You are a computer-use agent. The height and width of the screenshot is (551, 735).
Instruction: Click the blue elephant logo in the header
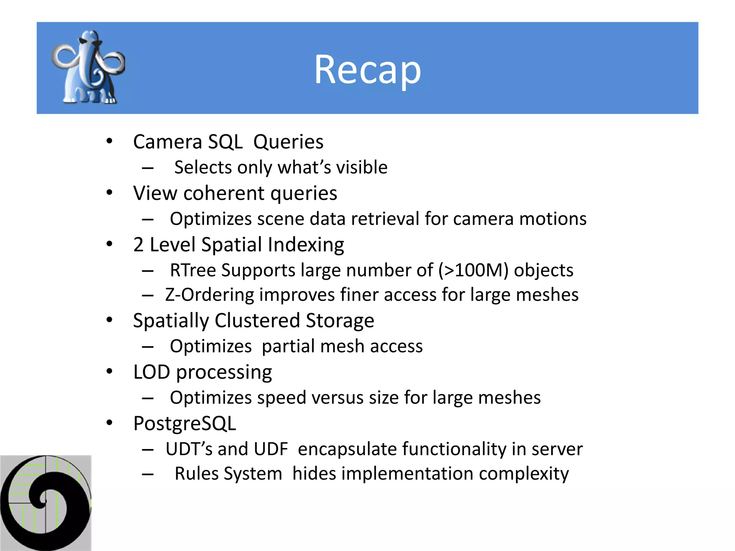pyautogui.click(x=88, y=67)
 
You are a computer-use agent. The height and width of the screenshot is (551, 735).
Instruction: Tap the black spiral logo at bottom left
pyautogui.click(x=46, y=503)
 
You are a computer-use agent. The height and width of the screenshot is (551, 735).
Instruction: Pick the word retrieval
pyautogui.click(x=385, y=219)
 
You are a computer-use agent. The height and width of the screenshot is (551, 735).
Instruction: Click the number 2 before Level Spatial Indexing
pyautogui.click(x=138, y=245)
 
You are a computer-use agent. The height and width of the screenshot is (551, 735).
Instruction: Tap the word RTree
pyautogui.click(x=192, y=270)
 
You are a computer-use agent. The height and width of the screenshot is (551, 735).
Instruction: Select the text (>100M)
pyautogui.click(x=473, y=270)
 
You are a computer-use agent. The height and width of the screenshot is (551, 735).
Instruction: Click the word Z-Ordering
pyautogui.click(x=210, y=295)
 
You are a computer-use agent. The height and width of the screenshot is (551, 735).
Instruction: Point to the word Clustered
pyautogui.click(x=257, y=320)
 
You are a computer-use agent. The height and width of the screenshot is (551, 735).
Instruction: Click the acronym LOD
pyautogui.click(x=151, y=372)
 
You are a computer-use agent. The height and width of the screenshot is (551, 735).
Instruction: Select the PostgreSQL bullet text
pyautogui.click(x=184, y=423)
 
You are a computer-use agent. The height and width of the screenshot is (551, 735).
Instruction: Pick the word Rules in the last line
pyautogui.click(x=197, y=474)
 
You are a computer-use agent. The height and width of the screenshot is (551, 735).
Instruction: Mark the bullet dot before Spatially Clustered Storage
pyautogui.click(x=109, y=320)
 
